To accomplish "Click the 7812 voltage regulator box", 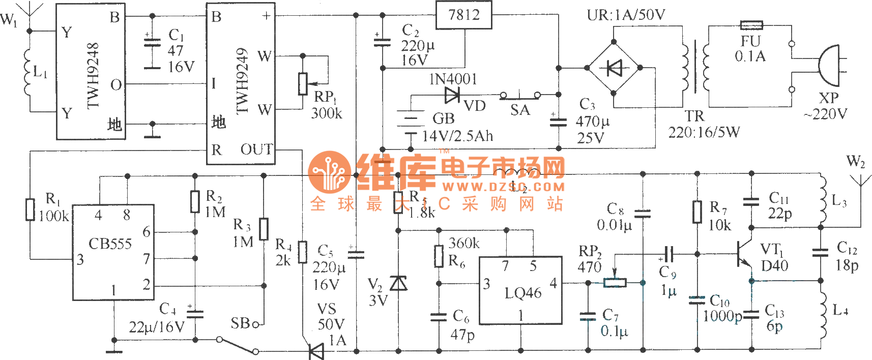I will point(463,15).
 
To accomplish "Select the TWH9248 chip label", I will point(93,75).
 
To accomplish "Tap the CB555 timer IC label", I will point(110,244).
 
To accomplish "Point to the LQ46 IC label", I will point(522,293).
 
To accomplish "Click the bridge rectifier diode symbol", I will point(614,68).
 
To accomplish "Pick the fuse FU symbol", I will point(751,24).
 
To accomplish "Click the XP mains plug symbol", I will point(828,66).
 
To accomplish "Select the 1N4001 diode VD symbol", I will point(452,95).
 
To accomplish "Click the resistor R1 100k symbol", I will point(31,209).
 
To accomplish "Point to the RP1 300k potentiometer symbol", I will point(303,84).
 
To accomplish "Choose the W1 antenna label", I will point(8,20).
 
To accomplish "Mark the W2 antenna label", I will point(855,162).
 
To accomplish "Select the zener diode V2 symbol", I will point(398,283).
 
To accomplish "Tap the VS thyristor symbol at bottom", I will point(316,351).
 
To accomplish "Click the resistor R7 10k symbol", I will point(697,212).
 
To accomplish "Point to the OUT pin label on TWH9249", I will point(256,149).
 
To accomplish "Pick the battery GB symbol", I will point(410,122).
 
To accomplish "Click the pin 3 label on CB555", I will point(80,260).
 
